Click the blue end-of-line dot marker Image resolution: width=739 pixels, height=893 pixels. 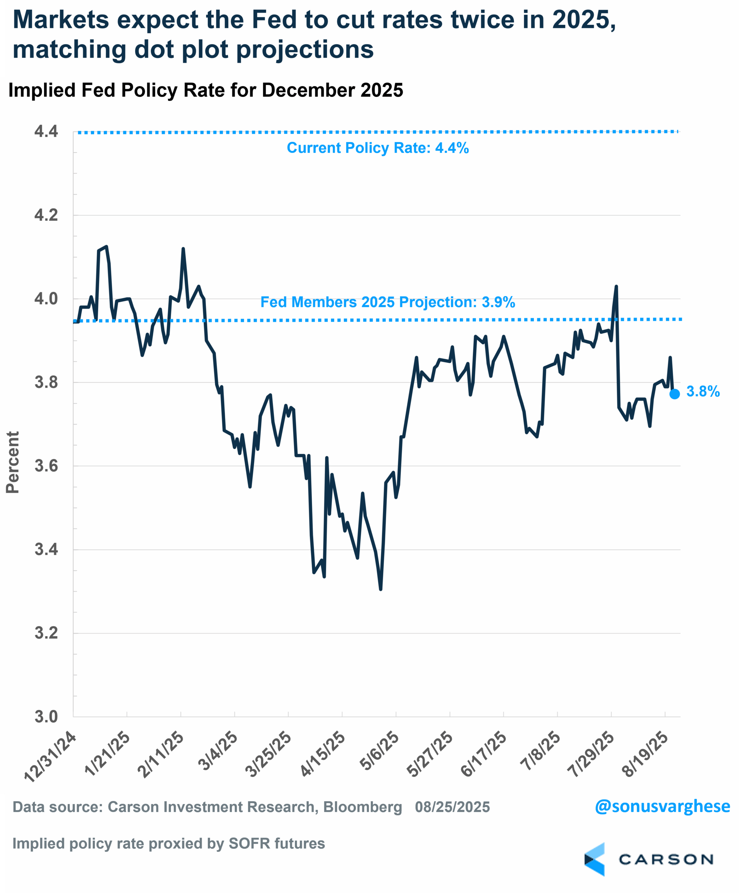point(675,394)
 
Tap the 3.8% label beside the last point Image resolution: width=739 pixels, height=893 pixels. point(703,392)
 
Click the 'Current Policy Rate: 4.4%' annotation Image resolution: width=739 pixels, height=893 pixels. point(377,148)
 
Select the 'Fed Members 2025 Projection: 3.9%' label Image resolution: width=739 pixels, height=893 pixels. point(387,302)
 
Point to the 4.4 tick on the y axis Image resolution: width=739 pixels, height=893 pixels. point(46,132)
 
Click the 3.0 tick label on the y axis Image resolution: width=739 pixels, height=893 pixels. point(46,716)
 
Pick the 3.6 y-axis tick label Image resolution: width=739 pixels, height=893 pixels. point(46,466)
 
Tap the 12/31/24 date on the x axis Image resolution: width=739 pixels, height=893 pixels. point(50,757)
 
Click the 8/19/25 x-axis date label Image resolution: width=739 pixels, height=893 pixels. point(645,754)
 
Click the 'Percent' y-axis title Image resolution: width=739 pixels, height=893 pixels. point(13,462)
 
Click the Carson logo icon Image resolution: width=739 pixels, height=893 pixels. point(595,860)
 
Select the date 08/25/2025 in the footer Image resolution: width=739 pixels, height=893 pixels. point(452,807)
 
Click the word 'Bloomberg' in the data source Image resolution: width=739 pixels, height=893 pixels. point(362,807)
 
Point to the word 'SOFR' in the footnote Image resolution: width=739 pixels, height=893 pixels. point(249,843)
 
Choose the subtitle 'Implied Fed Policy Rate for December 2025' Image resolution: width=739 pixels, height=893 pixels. point(206,90)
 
